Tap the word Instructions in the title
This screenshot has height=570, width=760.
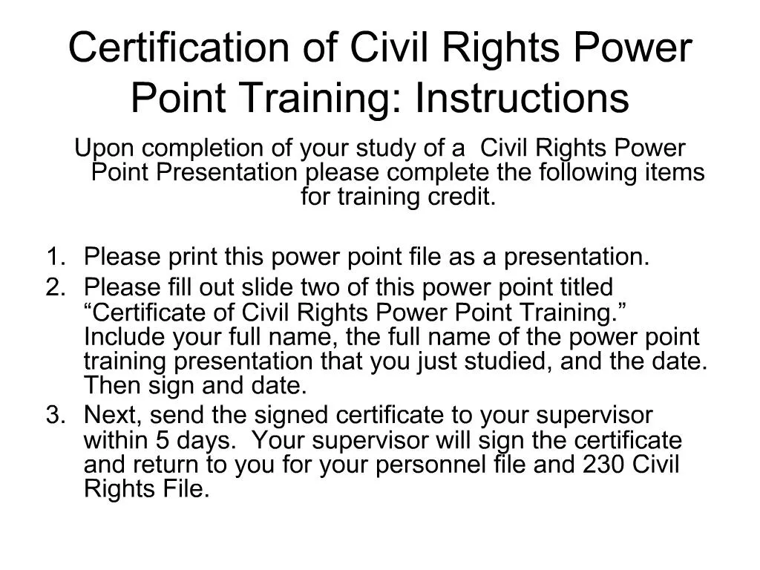click(522, 98)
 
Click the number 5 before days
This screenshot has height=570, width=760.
click(163, 440)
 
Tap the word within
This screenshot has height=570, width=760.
click(116, 440)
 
